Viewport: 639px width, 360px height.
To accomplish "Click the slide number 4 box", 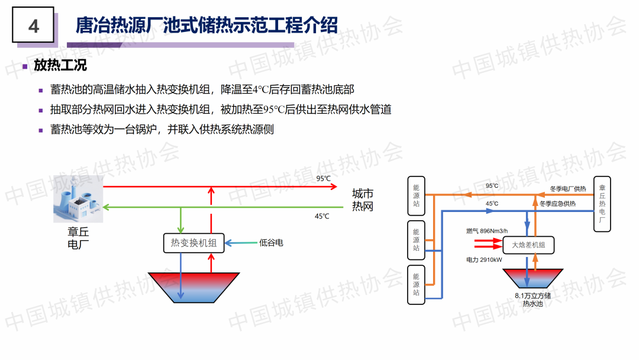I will (x=33, y=25).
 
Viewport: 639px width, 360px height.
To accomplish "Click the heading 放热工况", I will (x=60, y=66).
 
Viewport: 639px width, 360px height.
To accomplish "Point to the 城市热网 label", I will (x=363, y=200).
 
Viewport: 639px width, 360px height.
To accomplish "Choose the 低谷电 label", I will (x=271, y=243).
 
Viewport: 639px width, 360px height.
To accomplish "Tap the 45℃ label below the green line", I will (x=322, y=216).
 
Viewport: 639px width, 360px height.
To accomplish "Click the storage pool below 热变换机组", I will (x=194, y=288).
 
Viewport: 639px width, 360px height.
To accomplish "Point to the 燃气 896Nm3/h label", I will (x=487, y=231).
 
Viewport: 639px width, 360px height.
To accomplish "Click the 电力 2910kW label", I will (x=484, y=259).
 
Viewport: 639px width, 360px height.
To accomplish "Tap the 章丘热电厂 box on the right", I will (x=602, y=204).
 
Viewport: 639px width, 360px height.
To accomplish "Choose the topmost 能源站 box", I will (x=416, y=195).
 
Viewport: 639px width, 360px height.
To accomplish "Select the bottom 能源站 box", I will (x=416, y=285).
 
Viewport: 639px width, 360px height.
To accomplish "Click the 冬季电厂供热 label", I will (x=567, y=189).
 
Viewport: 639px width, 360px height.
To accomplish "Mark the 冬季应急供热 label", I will (x=557, y=204).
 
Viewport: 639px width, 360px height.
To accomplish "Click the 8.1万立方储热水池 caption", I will (x=532, y=299).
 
